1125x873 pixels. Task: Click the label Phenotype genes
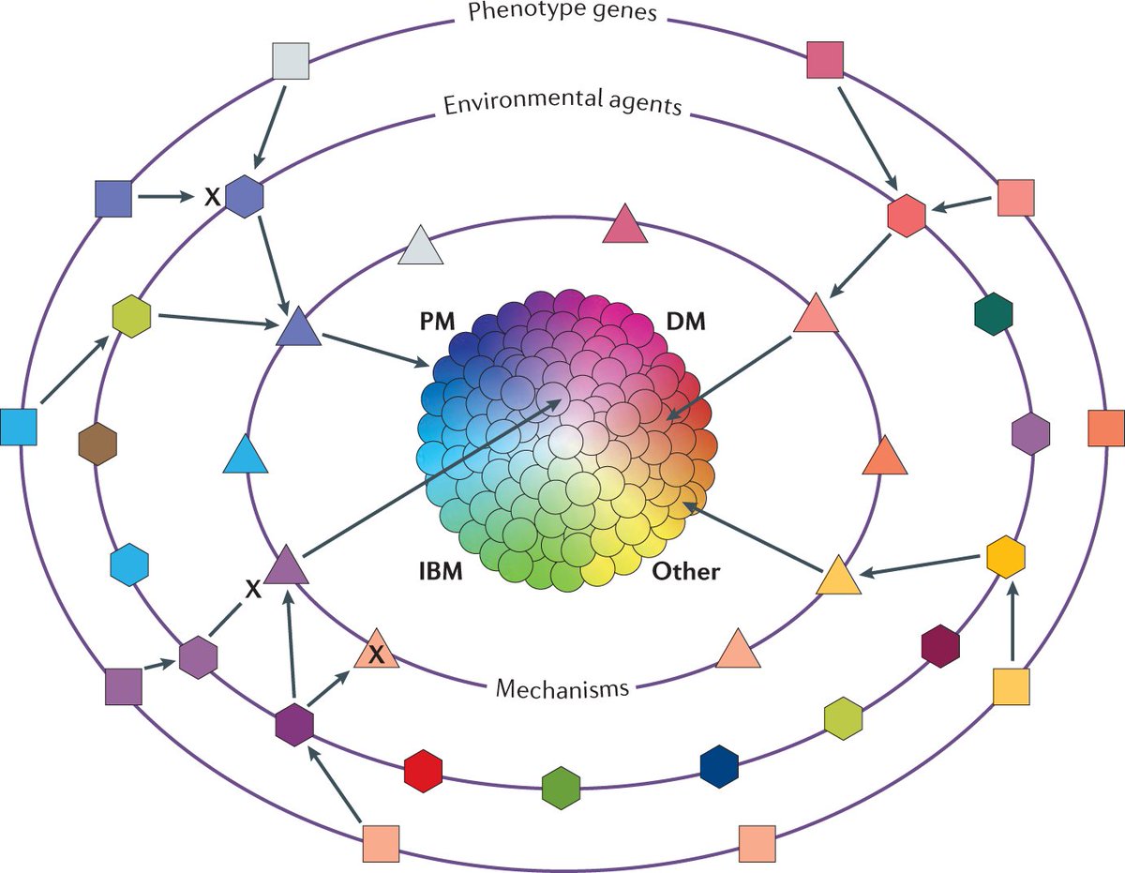[562, 13]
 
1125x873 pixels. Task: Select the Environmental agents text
[562, 104]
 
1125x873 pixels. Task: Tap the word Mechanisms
[561, 689]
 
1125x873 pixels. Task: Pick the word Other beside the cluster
[685, 570]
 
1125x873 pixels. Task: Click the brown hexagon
[97, 443]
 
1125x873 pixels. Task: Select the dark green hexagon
[994, 314]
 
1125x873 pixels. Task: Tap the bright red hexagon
[423, 770]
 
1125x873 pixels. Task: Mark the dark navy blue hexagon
[719, 766]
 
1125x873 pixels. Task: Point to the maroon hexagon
[941, 646]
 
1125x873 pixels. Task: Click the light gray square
[290, 61]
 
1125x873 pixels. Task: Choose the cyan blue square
[18, 427]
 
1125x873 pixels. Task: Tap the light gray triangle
[421, 248]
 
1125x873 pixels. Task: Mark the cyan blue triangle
[247, 456]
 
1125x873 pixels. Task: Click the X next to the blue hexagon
[212, 197]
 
